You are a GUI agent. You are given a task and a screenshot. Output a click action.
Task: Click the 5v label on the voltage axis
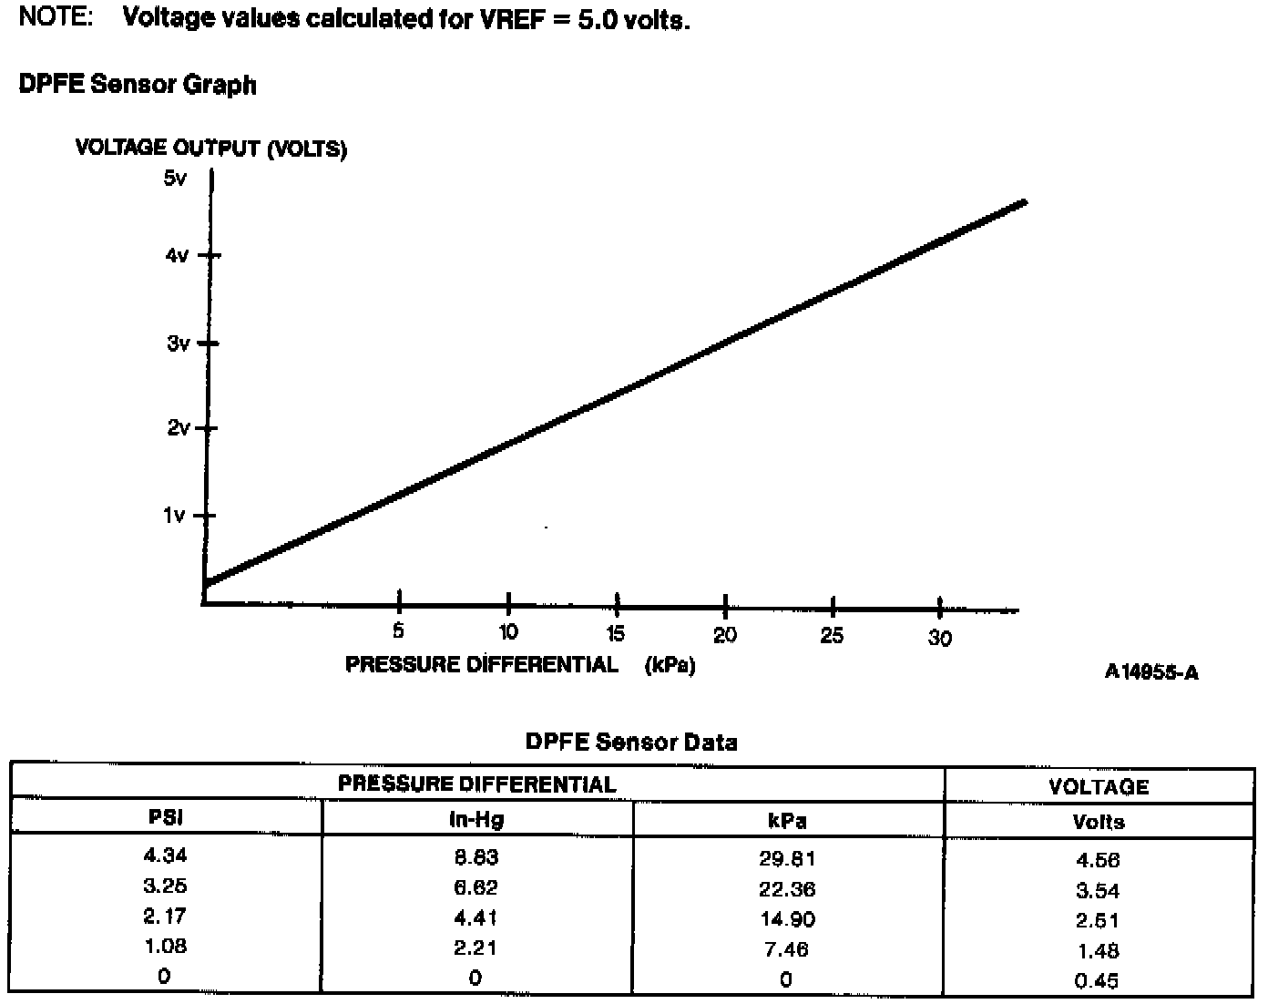coord(175,178)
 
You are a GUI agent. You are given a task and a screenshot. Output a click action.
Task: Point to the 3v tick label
coord(179,343)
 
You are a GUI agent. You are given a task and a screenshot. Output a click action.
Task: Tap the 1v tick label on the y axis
coord(174,516)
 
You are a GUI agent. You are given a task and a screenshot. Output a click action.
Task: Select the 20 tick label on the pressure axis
coord(725,635)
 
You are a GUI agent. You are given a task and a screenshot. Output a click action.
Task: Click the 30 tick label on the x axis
coord(940,638)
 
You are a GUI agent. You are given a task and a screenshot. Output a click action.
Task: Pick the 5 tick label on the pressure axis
coord(398,630)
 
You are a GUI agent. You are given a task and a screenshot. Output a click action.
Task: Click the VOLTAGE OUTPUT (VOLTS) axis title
coord(210,148)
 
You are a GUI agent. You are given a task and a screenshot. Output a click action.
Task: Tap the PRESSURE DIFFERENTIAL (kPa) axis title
coord(520,665)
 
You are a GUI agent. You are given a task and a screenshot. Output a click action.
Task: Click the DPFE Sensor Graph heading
coord(138,85)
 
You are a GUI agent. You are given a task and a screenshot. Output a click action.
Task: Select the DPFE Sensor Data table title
coord(631,742)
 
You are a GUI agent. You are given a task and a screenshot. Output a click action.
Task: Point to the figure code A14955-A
coord(1151,672)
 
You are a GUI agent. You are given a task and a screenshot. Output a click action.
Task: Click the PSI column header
coord(166,817)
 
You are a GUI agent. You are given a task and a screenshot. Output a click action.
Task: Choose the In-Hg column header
coord(475,819)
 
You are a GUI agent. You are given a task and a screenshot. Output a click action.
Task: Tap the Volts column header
coord(1099,822)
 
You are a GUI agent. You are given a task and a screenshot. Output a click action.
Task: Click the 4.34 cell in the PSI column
coord(165,855)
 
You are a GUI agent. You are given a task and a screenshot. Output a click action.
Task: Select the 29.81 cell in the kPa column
coord(787,858)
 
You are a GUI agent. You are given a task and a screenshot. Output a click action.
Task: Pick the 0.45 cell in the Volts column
coord(1097,981)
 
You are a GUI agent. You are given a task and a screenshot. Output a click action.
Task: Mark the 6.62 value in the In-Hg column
coord(475,887)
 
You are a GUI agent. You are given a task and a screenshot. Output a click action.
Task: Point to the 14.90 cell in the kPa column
coord(787,919)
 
